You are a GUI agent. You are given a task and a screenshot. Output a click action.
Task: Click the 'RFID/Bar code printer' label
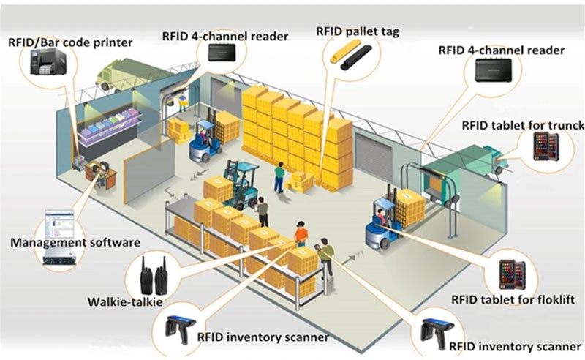(x=69, y=42)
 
